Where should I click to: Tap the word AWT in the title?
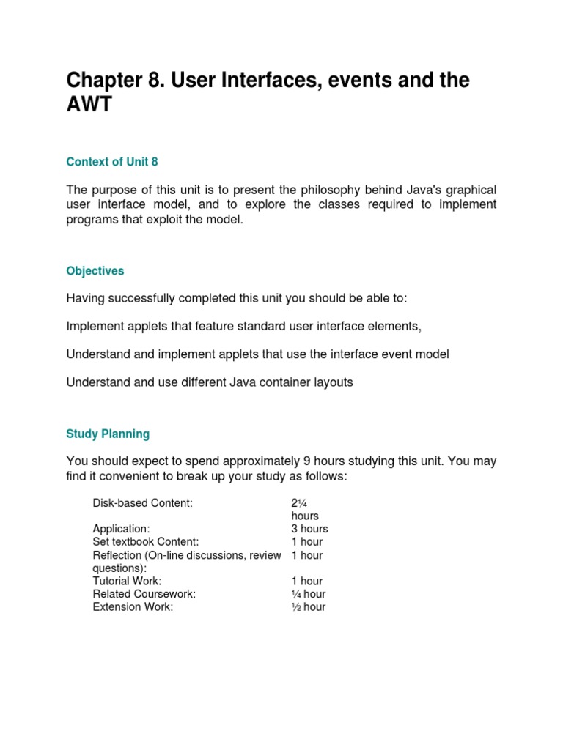89,105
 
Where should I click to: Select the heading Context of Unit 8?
112,161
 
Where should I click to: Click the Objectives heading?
95,271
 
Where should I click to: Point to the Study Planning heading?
108,434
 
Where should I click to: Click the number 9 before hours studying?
306,461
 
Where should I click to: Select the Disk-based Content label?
143,503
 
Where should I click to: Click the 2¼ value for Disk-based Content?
298,503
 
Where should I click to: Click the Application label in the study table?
121,529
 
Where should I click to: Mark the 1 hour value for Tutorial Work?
307,581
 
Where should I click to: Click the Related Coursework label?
144,594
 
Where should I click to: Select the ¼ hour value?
308,594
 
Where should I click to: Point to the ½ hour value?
308,606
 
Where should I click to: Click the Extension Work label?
133,606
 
